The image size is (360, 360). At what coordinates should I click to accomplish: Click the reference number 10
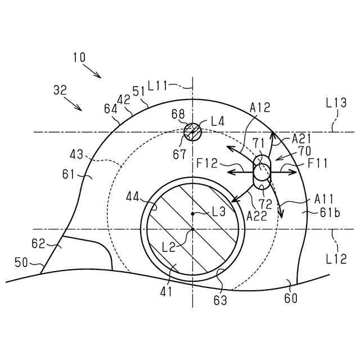pos(79,57)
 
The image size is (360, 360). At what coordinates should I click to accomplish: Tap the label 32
pos(60,89)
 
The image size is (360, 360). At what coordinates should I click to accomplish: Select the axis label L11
pos(159,86)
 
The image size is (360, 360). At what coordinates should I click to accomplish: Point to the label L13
pos(336,103)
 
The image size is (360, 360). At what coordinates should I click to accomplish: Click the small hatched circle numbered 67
pos(192,132)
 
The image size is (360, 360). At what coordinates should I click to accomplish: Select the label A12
pos(260,106)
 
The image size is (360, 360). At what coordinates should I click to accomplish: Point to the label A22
pos(256,214)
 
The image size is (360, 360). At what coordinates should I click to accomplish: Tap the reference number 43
pos(78,154)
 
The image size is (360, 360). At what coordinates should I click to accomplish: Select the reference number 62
pos(38,244)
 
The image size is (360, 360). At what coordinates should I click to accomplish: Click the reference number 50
pos(21,262)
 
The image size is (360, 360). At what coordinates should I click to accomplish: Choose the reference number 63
pos(220,300)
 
